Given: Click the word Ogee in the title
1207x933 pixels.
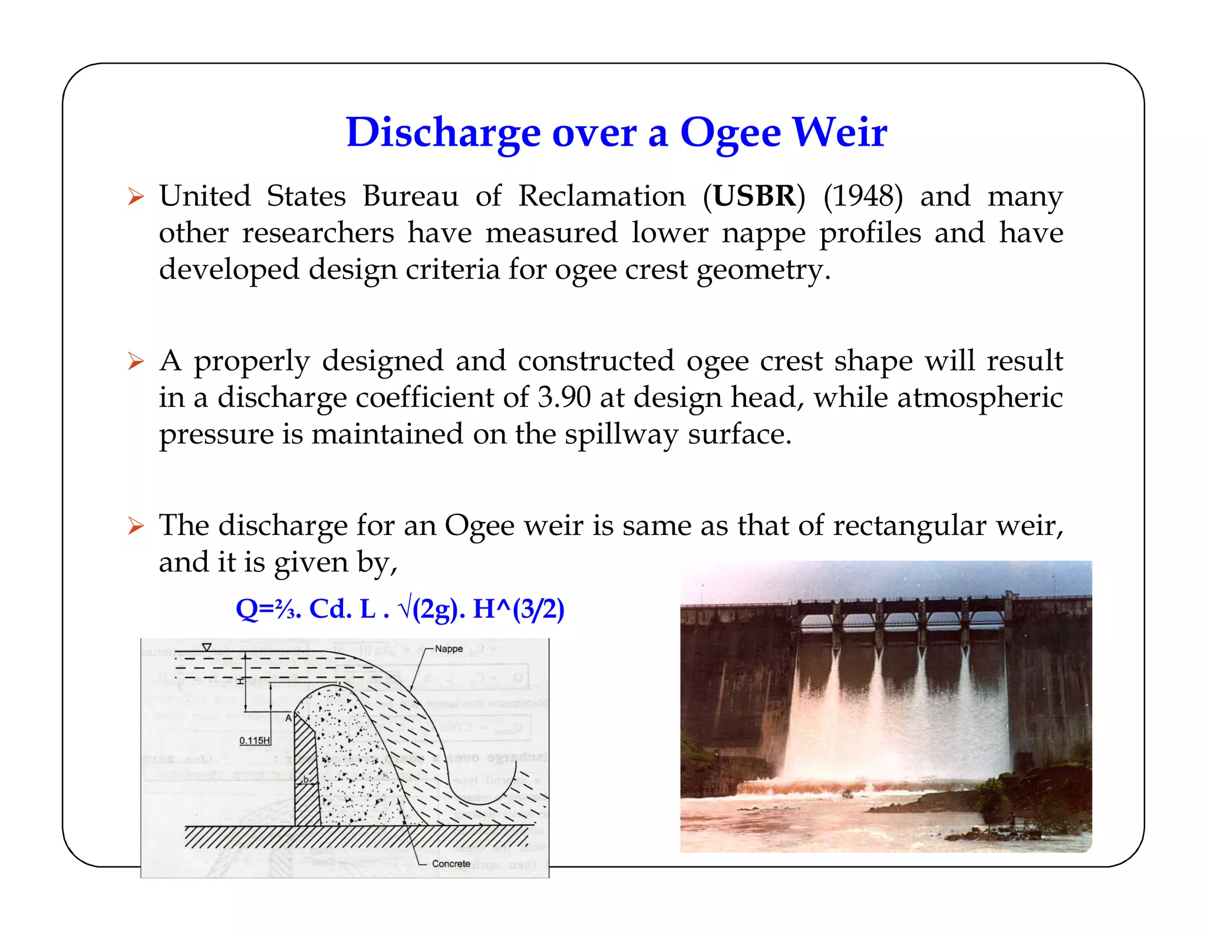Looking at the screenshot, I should (x=730, y=133).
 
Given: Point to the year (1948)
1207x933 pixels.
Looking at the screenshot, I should (x=863, y=196).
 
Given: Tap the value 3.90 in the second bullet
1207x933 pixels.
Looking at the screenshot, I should (x=564, y=397).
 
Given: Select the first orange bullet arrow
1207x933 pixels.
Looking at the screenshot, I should (x=136, y=196).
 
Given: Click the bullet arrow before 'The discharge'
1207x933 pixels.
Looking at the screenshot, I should (x=136, y=525).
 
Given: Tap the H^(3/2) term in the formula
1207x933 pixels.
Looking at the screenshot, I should (x=518, y=609).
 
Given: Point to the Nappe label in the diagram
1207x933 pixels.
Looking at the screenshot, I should (x=448, y=649).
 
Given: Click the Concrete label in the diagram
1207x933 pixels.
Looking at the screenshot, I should (x=451, y=864).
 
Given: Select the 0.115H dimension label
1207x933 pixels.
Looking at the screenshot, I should (x=255, y=741).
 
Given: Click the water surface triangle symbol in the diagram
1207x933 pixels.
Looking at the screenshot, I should (x=206, y=648).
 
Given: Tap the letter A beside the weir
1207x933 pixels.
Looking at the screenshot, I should (x=288, y=718).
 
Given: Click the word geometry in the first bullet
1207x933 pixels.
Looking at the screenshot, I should (x=763, y=270).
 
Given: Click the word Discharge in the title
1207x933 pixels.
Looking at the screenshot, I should (x=443, y=133).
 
